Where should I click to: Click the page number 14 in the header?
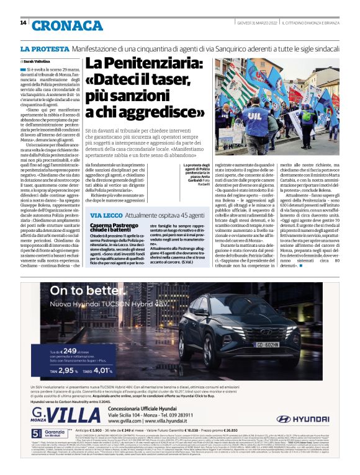point(23,23)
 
